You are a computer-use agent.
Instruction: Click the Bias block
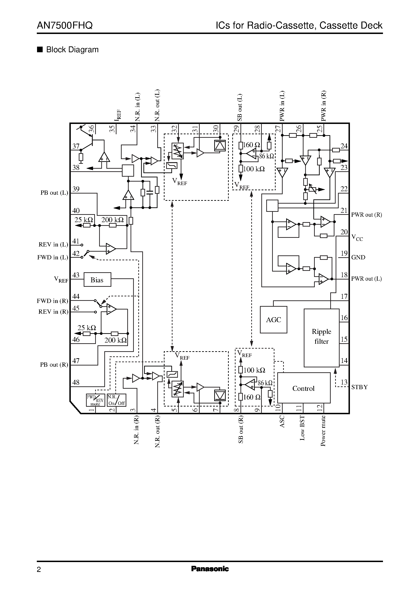point(97,280)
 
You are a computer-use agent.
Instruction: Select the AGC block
point(273,320)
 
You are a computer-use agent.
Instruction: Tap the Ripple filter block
point(322,337)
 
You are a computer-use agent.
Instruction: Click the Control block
point(303,388)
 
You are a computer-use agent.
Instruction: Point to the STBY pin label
point(359,387)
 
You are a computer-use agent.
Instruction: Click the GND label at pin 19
point(358,257)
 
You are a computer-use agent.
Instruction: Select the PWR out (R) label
point(366,215)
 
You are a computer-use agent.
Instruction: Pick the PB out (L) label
point(54,193)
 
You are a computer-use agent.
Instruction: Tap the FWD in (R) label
point(52,301)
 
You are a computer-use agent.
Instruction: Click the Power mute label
point(323,431)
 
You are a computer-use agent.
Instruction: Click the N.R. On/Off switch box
point(116,400)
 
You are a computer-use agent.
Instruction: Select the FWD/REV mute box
point(95,400)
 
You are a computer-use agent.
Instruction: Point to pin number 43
point(76,275)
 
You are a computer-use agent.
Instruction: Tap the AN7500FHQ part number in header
point(65,26)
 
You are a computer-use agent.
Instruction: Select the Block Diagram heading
point(72,50)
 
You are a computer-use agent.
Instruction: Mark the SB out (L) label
point(240,108)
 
